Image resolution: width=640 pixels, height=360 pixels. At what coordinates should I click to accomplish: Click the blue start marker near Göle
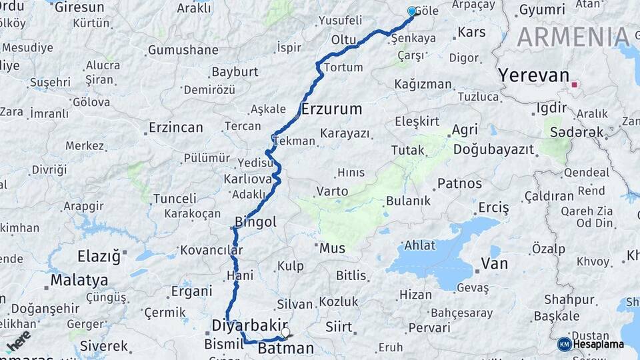[x=411, y=11]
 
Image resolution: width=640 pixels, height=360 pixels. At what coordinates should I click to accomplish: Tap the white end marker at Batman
[x=285, y=332]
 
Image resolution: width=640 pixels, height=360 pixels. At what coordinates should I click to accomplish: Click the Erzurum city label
[x=331, y=109]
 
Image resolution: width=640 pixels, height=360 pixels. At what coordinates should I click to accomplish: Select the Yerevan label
[x=533, y=75]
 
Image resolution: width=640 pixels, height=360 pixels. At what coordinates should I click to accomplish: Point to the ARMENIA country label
[x=573, y=37]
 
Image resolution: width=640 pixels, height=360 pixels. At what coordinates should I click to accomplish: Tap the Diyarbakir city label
[x=249, y=325]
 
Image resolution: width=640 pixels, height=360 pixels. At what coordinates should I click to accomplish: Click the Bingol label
[x=256, y=222]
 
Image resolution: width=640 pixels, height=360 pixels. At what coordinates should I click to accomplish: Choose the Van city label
[x=494, y=263]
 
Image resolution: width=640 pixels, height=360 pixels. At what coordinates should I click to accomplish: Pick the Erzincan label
[x=175, y=127]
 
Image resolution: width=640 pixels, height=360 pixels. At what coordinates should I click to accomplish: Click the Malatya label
[x=79, y=279]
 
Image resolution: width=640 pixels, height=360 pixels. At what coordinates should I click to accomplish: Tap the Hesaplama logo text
[x=598, y=344]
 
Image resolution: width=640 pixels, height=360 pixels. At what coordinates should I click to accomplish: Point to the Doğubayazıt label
[x=493, y=149]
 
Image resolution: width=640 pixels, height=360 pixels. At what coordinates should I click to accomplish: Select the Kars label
[x=472, y=32]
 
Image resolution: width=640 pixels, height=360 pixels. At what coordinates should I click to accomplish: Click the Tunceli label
[x=175, y=198]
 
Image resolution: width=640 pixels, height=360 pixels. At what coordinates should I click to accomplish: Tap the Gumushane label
[x=183, y=50]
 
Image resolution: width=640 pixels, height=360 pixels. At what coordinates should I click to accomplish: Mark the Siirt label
[x=339, y=327]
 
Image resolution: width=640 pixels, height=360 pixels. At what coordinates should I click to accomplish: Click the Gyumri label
[x=541, y=10]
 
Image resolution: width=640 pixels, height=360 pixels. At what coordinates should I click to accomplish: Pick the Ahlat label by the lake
[x=420, y=245]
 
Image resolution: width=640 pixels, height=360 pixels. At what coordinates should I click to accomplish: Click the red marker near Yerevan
[x=574, y=85]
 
